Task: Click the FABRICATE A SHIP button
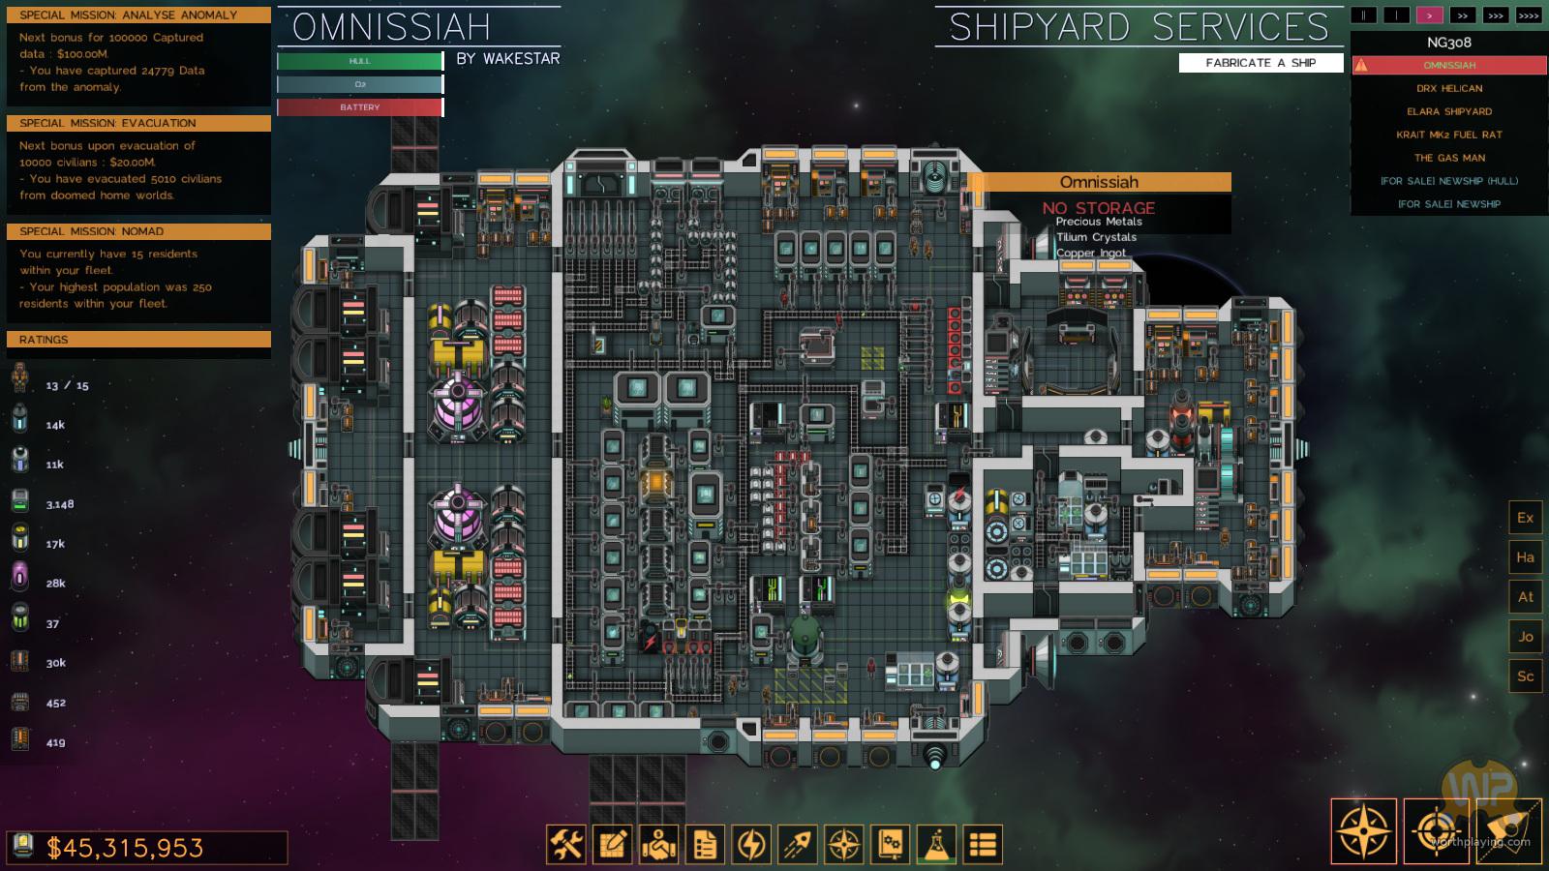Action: click(1260, 63)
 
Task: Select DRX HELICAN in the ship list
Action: click(1449, 88)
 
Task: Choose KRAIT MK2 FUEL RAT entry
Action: click(1449, 135)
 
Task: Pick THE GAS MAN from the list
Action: click(1449, 158)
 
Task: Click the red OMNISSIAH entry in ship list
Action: click(1449, 65)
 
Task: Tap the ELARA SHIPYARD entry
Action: click(1449, 111)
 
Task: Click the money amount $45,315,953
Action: click(126, 849)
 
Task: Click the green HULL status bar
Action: click(360, 61)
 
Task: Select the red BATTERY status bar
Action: click(360, 107)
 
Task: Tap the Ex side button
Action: click(1525, 518)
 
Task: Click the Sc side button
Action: click(1525, 676)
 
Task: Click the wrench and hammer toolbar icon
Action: click(566, 845)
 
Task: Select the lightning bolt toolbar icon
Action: click(751, 845)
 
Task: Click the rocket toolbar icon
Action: click(798, 845)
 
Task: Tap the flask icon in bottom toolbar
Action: click(936, 845)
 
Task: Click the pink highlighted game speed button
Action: click(1429, 15)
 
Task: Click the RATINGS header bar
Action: click(138, 340)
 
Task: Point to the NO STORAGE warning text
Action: click(1099, 208)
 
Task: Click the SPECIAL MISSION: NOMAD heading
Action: click(138, 231)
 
